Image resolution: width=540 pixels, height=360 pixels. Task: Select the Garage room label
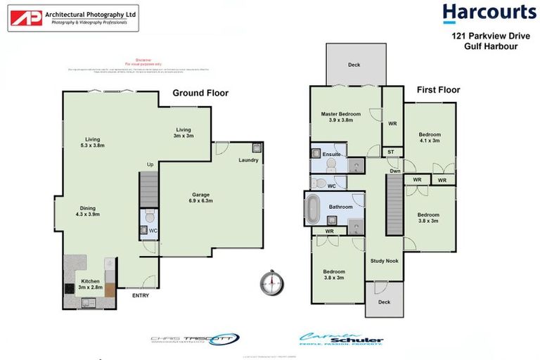(202, 198)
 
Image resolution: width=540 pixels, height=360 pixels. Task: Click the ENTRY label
(141, 295)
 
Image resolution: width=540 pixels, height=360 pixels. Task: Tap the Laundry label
(248, 160)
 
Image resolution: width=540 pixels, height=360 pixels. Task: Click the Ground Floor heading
(200, 93)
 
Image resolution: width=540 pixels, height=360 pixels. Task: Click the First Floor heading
(438, 90)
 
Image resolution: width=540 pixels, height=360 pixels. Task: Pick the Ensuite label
(332, 153)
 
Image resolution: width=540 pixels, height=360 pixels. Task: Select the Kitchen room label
(89, 284)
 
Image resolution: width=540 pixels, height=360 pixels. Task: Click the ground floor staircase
(148, 189)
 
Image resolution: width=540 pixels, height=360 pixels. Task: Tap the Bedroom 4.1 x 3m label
(430, 138)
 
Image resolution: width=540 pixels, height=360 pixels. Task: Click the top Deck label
(354, 65)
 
